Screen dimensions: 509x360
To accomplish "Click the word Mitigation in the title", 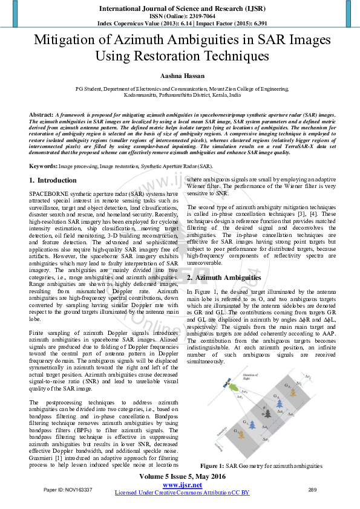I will (x=67, y=41).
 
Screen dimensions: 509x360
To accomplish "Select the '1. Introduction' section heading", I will (x=52, y=180).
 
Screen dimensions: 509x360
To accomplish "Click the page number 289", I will (x=313, y=489).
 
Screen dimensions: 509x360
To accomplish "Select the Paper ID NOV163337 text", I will (x=68, y=489).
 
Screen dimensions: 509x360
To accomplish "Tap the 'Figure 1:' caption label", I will (x=213, y=466).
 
